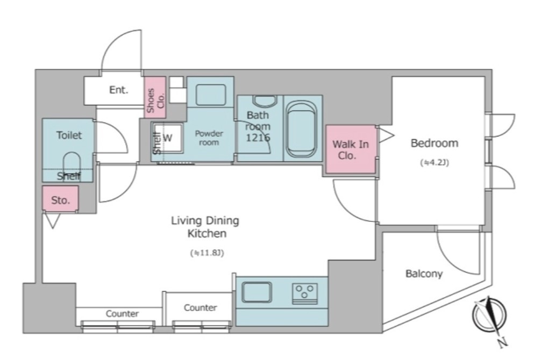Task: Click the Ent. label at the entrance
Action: pos(119,90)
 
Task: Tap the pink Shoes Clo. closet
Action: pos(155,98)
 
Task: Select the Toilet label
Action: pos(69,135)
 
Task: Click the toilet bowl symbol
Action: pos(72,163)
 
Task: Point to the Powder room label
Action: pos(209,138)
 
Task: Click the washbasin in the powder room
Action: pos(211,94)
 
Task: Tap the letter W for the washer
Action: pos(168,138)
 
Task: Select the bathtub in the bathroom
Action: pos(302,129)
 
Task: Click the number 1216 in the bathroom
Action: pos(258,138)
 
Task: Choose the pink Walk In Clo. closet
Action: pos(351,149)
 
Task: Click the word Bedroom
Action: pos(435,143)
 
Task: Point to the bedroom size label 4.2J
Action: pos(435,162)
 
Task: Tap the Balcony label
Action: pos(424,274)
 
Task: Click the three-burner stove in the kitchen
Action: pos(305,293)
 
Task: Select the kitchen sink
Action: pos(257,292)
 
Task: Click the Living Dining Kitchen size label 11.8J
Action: pos(207,253)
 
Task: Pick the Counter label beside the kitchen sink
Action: pos(200,307)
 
